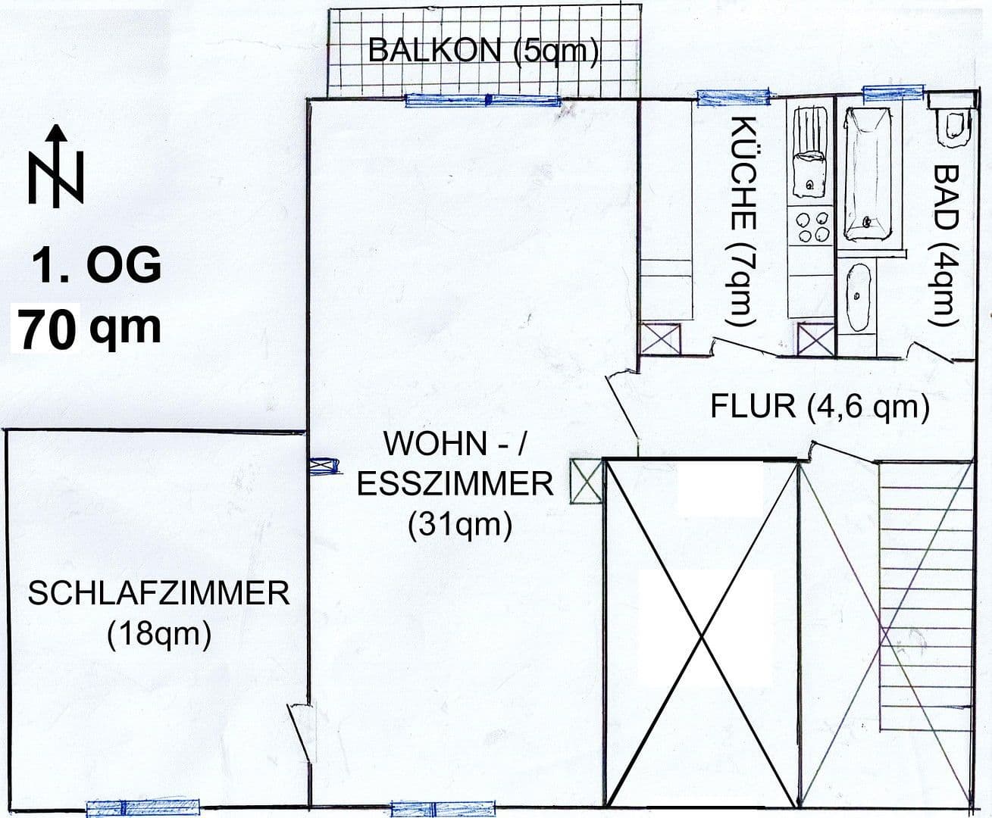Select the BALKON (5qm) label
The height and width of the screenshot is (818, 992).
483,50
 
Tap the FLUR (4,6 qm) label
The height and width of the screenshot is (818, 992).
820,407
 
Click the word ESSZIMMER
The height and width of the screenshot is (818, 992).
455,484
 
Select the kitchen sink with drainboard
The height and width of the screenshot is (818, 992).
809,156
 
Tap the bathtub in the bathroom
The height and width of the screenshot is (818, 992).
867,172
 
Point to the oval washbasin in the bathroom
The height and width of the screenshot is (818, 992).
858,296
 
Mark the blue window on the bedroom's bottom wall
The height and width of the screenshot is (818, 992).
143,808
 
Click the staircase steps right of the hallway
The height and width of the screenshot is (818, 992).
924,598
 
